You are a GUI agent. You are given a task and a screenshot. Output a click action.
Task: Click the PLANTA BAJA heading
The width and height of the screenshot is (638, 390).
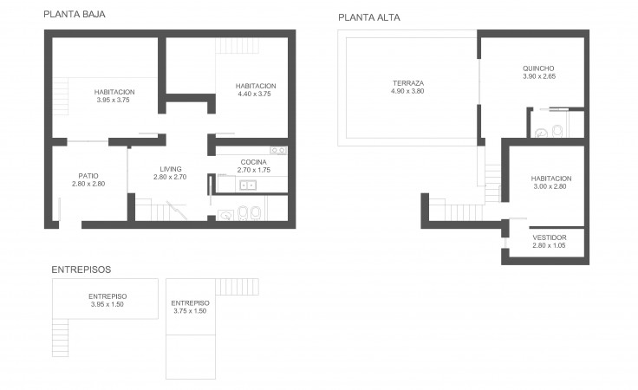click(x=75, y=14)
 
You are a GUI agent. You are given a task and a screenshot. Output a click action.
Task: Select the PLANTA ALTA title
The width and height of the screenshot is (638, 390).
click(x=369, y=17)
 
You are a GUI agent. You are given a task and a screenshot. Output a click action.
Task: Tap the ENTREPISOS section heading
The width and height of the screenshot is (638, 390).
click(x=81, y=270)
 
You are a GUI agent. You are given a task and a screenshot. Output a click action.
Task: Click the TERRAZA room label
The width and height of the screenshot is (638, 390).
click(x=408, y=83)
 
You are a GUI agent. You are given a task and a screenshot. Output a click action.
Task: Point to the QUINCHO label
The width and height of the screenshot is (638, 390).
click(x=538, y=68)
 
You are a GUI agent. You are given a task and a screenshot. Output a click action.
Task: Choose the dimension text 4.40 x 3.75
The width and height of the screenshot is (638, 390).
click(x=254, y=94)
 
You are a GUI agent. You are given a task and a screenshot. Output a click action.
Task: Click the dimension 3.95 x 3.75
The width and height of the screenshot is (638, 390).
click(x=113, y=100)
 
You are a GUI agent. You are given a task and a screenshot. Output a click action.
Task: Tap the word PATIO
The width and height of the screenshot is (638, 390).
click(x=88, y=176)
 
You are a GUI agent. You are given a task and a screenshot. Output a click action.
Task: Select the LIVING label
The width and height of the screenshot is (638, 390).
click(x=171, y=169)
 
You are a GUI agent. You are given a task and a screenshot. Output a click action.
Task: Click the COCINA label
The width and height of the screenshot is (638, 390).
click(x=253, y=162)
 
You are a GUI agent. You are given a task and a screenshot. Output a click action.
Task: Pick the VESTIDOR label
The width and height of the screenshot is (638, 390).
click(x=550, y=237)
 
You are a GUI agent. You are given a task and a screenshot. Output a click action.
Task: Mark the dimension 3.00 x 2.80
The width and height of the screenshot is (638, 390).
click(x=550, y=186)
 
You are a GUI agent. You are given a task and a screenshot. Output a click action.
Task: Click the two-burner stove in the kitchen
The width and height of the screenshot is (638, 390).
click(x=278, y=151)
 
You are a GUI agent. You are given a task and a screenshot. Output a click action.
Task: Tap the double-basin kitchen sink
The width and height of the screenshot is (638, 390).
click(x=247, y=185)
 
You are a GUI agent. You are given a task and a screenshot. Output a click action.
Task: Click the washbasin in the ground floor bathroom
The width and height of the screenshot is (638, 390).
click(x=225, y=215)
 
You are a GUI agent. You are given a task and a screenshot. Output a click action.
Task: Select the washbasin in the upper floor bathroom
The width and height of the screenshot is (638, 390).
click(x=541, y=133)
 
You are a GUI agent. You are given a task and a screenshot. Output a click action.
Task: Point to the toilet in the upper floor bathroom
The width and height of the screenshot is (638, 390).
click(x=557, y=131)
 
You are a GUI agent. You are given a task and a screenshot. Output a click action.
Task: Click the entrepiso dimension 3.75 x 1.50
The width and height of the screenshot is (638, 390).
click(x=190, y=310)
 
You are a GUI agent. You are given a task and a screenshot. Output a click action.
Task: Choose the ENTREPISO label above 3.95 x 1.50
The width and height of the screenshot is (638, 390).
click(x=107, y=296)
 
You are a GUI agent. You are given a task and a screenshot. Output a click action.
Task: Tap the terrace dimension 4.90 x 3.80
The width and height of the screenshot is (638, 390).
click(x=407, y=91)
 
